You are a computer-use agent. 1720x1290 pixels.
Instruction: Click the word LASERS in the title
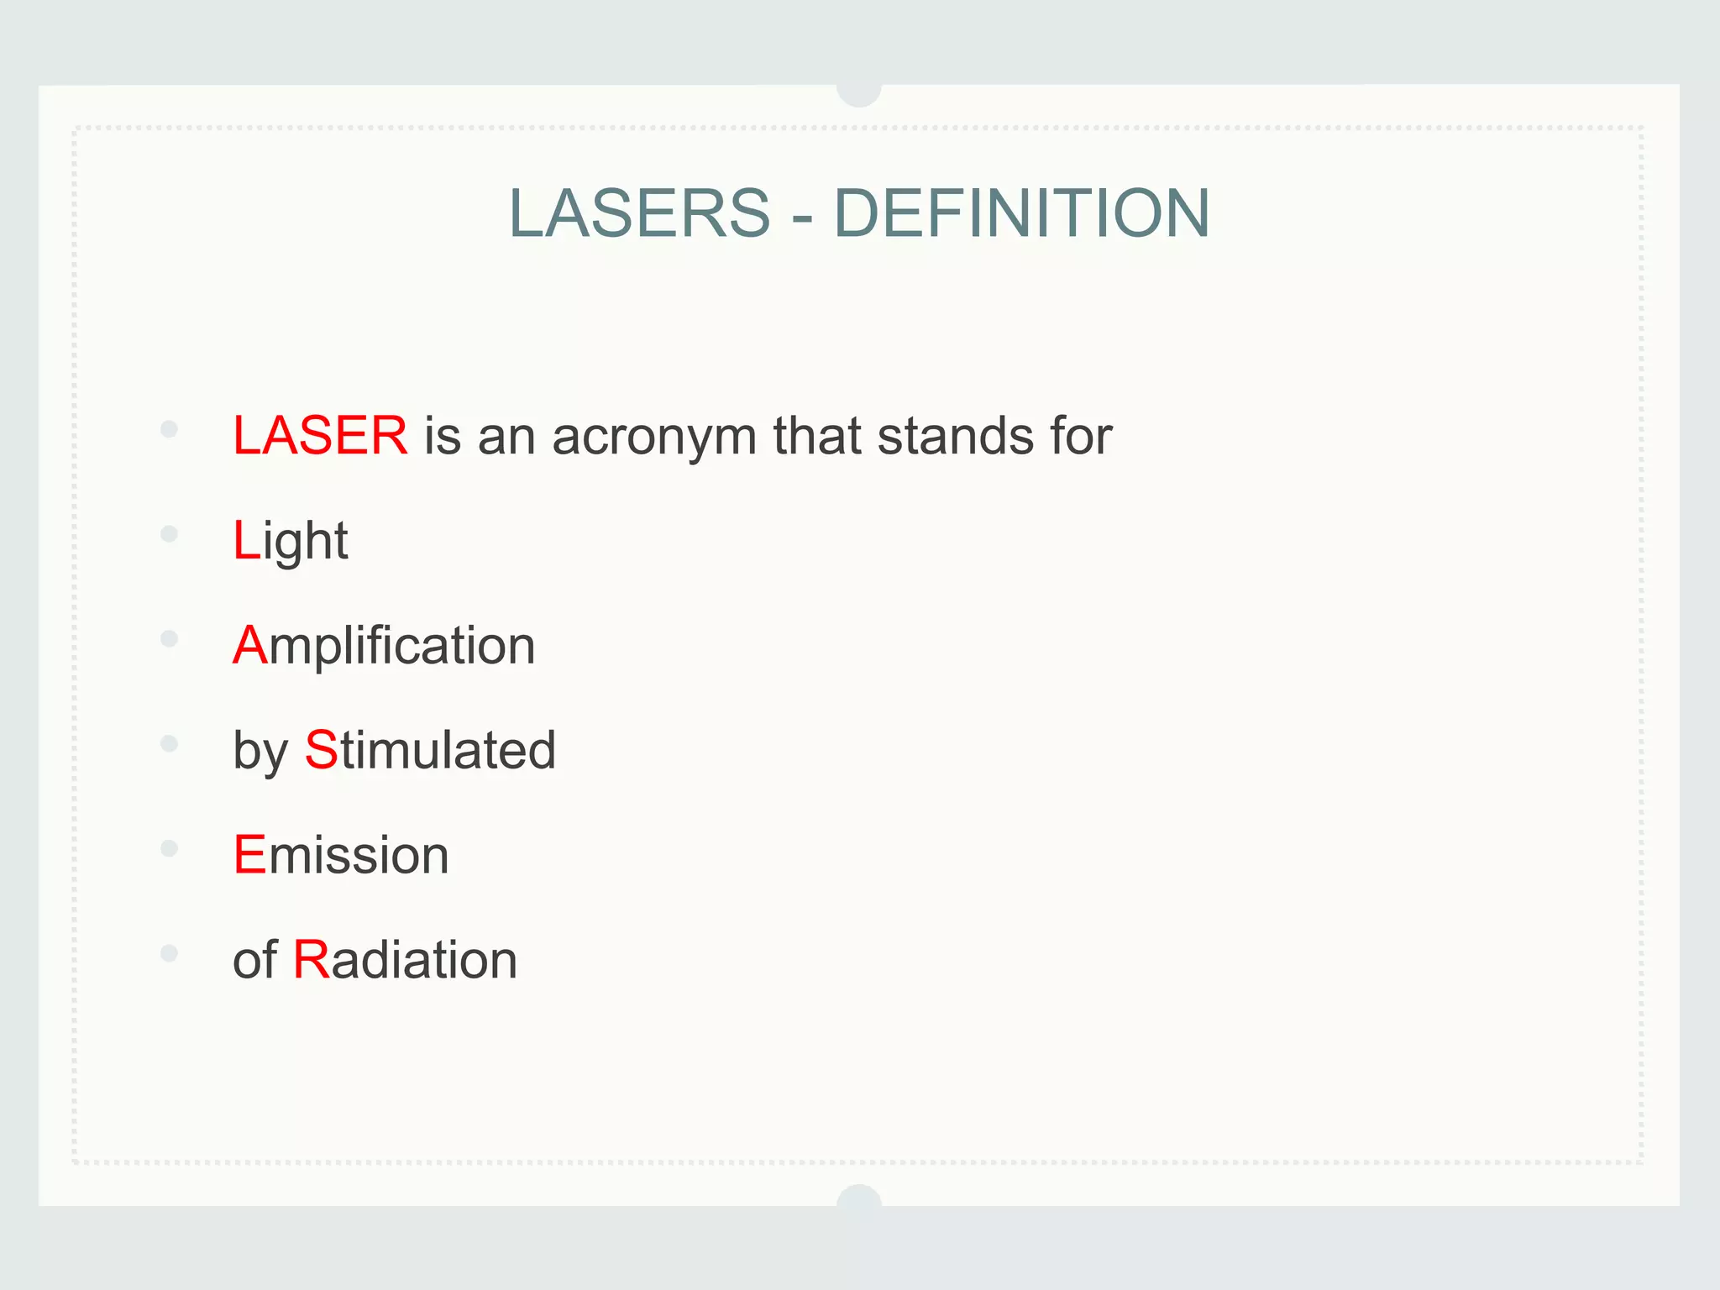(639, 213)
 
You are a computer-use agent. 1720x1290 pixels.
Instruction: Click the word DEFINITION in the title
(1021, 213)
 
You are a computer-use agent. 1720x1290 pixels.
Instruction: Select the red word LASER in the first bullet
(320, 436)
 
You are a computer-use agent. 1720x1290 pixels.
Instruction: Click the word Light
(291, 542)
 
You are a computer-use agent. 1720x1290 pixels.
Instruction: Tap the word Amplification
(384, 646)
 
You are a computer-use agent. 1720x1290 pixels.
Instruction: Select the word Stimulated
(430, 750)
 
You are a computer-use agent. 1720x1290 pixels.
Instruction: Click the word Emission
(341, 855)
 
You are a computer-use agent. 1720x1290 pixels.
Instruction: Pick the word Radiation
(405, 959)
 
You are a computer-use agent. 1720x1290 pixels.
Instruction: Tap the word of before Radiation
(254, 959)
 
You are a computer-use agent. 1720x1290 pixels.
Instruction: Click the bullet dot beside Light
(169, 534)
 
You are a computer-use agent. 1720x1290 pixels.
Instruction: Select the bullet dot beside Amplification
(169, 639)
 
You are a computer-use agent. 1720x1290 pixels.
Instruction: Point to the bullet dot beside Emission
(169, 848)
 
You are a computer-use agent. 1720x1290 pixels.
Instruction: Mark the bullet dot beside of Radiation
(169, 953)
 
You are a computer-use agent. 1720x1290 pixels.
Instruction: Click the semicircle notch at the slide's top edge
(859, 94)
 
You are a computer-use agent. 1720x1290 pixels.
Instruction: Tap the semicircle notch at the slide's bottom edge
(859, 1196)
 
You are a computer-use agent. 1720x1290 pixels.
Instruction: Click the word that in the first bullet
(817, 437)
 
